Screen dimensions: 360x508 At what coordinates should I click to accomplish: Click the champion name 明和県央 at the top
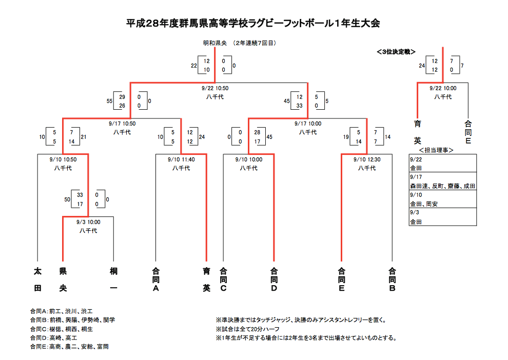(x=215, y=44)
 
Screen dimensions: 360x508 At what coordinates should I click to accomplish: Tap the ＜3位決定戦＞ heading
(x=396, y=51)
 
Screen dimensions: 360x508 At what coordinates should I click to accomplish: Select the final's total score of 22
(x=193, y=66)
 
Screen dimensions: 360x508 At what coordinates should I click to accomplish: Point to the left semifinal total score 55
(x=109, y=102)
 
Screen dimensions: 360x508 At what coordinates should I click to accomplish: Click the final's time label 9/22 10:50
(x=215, y=88)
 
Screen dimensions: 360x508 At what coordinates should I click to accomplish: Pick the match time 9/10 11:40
(x=181, y=159)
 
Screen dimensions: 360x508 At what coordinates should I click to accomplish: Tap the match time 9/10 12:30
(x=367, y=159)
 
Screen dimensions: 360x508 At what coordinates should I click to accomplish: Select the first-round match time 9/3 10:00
(x=88, y=222)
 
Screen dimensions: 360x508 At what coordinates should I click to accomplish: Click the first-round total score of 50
(x=67, y=199)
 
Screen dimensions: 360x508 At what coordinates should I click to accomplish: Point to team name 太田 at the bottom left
(x=37, y=279)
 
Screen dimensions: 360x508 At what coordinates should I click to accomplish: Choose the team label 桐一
(x=113, y=279)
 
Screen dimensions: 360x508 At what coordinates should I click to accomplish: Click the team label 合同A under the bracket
(x=156, y=279)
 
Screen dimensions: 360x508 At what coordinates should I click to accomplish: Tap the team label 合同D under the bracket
(x=274, y=279)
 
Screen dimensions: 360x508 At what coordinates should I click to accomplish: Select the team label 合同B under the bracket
(x=393, y=279)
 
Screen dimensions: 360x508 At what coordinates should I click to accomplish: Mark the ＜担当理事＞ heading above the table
(x=438, y=150)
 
